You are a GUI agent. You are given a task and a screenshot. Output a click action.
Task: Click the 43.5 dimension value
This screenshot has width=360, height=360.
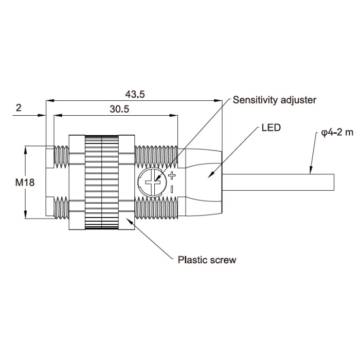(135, 94)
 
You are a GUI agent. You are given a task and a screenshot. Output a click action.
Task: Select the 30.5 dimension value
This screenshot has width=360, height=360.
(119, 109)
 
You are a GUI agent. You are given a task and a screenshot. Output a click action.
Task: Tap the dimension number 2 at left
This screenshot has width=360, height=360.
(19, 107)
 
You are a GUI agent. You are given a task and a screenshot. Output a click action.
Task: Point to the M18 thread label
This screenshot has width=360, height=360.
(25, 183)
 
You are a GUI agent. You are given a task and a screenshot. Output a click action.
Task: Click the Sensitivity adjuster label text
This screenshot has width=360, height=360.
(275, 100)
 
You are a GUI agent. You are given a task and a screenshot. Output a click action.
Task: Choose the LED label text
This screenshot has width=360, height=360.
(271, 128)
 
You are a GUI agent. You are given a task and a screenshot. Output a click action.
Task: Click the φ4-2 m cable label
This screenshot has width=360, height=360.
(337, 133)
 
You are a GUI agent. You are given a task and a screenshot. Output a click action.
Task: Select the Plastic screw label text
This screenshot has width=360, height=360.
(207, 260)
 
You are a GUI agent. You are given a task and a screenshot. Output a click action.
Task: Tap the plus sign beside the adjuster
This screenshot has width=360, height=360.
(172, 176)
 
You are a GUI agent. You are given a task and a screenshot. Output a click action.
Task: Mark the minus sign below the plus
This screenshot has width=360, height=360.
(172, 189)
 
